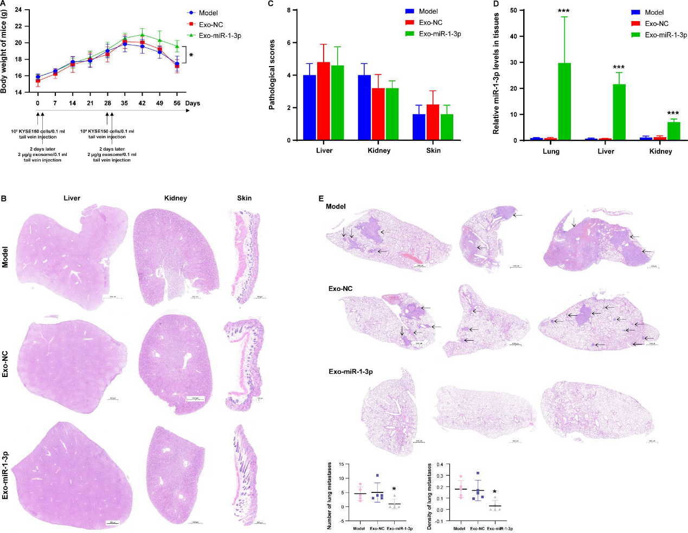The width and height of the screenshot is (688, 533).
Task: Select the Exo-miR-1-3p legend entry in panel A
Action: (220, 36)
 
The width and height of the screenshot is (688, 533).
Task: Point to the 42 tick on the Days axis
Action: (142, 103)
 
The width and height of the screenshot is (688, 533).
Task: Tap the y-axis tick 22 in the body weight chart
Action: (18, 26)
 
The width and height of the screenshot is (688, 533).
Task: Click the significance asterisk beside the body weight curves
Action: (191, 55)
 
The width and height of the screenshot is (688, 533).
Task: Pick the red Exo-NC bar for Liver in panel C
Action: (323, 101)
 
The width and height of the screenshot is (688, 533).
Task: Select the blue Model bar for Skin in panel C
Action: (419, 127)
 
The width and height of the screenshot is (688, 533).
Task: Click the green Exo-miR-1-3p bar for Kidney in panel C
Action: (392, 114)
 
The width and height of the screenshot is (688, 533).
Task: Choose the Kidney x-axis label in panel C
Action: (378, 151)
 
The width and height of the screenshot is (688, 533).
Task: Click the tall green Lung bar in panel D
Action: (564, 102)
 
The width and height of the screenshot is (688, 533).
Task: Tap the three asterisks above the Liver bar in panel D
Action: (619, 68)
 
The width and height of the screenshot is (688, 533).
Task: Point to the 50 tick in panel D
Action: (512, 10)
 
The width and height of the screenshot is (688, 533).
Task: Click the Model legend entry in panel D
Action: (654, 12)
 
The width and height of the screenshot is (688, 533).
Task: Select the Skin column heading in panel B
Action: (244, 198)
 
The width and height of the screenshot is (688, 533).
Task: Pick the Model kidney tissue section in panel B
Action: (172, 257)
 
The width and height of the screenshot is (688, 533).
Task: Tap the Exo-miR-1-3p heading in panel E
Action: (350, 372)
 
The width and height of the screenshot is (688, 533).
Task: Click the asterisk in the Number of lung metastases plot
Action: (394, 489)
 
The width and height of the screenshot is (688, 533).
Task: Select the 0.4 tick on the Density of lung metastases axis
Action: (436, 465)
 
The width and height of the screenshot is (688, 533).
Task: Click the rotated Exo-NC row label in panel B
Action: (5, 364)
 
